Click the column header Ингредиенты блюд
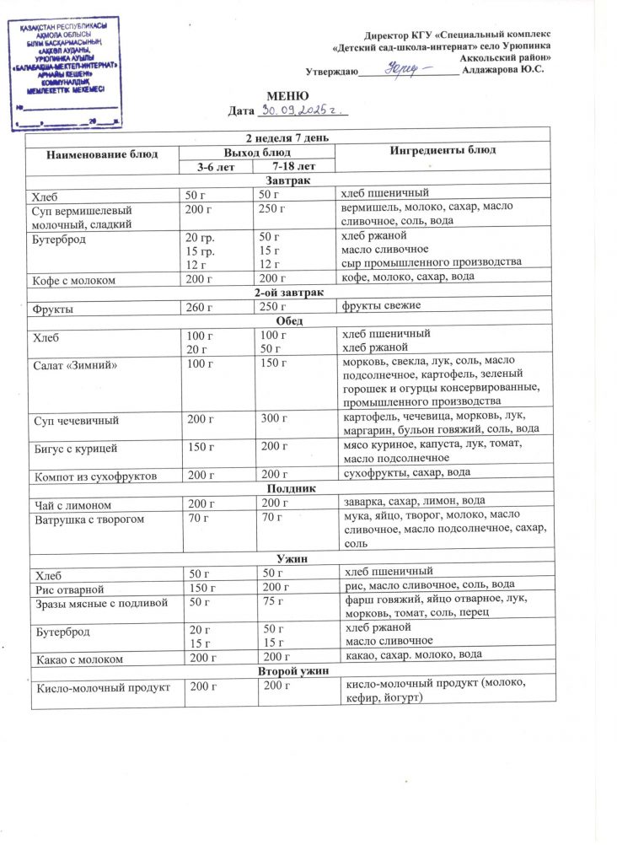click(442, 150)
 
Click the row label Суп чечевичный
click(76, 419)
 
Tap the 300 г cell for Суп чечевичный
click(275, 419)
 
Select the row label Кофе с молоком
click(75, 278)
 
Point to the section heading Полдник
click(291, 488)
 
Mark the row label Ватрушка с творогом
click(88, 519)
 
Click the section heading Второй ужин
click(291, 671)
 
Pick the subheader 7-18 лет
click(292, 167)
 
